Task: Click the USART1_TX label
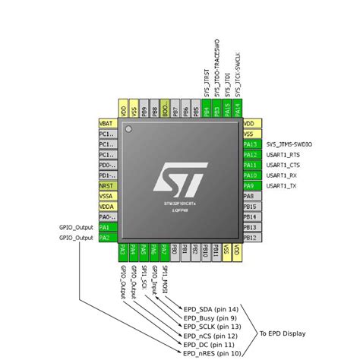[x=282, y=185]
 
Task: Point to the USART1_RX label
[x=282, y=175]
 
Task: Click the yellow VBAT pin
[x=106, y=122]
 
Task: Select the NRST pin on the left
[x=106, y=185]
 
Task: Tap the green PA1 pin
[x=106, y=227]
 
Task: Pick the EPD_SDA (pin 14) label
[x=210, y=309]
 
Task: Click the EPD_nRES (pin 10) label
[x=212, y=353]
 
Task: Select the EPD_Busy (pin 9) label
[x=210, y=318]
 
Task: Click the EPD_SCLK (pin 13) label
[x=212, y=327]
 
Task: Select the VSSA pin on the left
[x=106, y=196]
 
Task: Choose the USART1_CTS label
[x=283, y=164]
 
